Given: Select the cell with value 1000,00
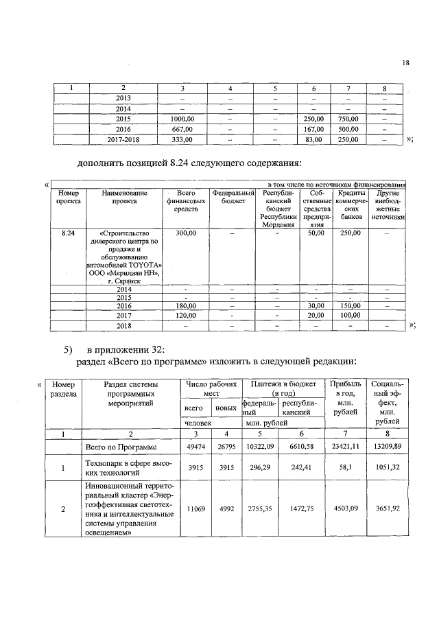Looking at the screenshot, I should click(x=182, y=119).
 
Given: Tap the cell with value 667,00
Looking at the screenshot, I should click(x=182, y=129).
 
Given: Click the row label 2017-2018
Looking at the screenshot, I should click(x=123, y=139).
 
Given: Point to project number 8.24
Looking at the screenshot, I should click(x=69, y=234).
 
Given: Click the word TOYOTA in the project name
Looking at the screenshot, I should click(x=143, y=263).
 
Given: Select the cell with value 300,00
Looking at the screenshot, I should click(x=185, y=234).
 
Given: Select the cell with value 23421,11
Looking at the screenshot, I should click(x=346, y=446).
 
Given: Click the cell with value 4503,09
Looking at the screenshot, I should click(x=346, y=510).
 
